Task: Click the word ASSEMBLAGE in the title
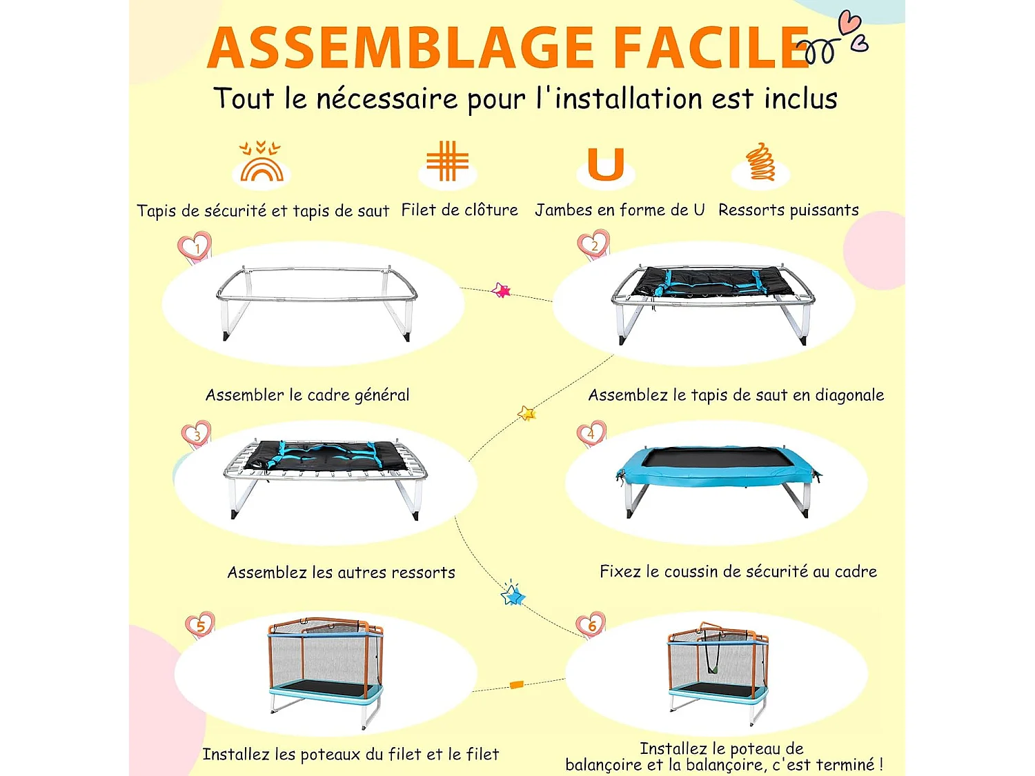coord(400,47)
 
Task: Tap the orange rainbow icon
coord(261,161)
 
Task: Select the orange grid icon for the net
coord(447,161)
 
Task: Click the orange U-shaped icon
coord(606,164)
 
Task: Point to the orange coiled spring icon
coord(760,161)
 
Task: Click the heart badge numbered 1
coord(195,246)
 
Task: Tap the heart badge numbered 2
coord(594,245)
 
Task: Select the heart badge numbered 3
coord(197,434)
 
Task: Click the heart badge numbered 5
coord(200,625)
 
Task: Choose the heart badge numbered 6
coord(591,625)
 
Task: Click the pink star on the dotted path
coord(501,290)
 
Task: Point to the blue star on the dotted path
coord(513,594)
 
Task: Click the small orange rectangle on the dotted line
coord(517,684)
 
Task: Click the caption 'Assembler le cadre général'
coord(308,395)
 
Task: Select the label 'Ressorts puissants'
coord(789,210)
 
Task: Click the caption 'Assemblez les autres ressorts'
coord(342,573)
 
